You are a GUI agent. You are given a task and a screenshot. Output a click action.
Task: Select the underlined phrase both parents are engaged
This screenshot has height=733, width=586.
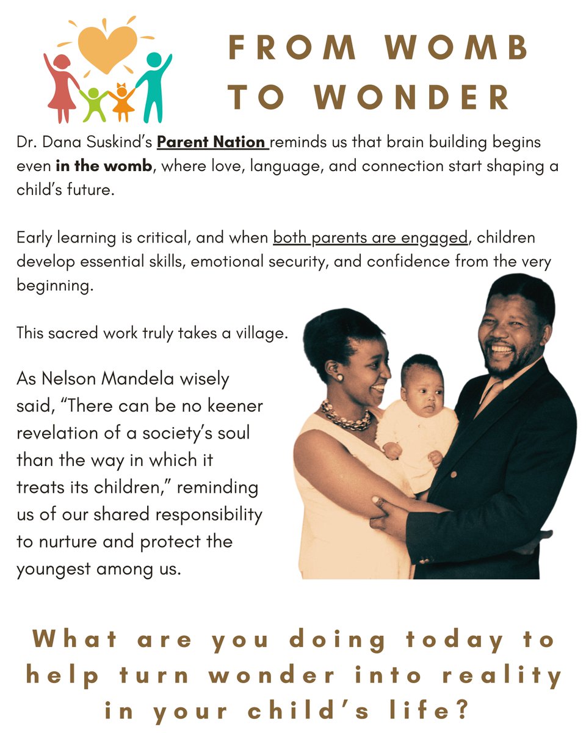click(x=370, y=237)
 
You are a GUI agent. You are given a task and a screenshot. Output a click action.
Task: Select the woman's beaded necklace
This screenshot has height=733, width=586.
click(x=346, y=419)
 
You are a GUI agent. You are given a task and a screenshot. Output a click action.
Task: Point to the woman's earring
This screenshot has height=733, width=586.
click(x=338, y=377)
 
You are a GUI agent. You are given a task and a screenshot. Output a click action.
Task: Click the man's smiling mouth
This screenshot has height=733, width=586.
click(x=502, y=349)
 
